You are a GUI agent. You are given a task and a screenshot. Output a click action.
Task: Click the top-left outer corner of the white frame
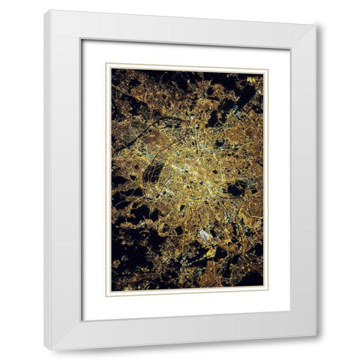click(44, 10)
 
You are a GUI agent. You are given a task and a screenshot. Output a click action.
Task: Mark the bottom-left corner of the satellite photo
click(111, 291)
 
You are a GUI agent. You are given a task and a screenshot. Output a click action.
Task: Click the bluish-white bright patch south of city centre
click(205, 235)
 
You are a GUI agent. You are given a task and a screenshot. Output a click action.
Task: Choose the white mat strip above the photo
click(187, 52)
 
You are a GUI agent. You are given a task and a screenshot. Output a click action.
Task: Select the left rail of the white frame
click(64, 180)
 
